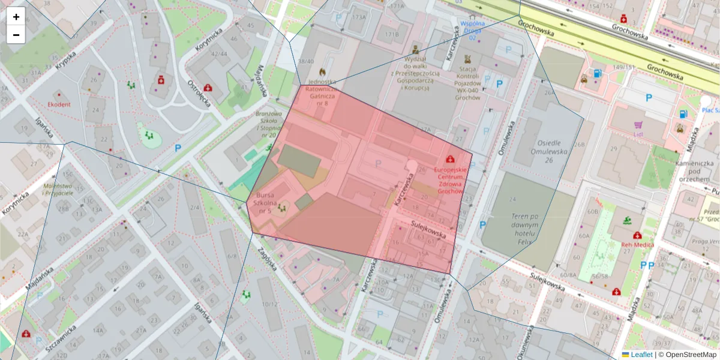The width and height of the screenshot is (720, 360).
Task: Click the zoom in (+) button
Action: [16, 17]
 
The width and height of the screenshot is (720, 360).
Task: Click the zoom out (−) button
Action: [16, 35]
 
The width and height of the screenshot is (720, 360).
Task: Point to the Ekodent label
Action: [59, 104]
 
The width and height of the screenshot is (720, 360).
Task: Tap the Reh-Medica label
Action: [637, 245]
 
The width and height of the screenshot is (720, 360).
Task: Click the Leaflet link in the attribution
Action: [641, 355]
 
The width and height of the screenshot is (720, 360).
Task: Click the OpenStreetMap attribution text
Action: [687, 355]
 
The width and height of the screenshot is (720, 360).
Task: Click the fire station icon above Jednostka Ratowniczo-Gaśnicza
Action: [323, 71]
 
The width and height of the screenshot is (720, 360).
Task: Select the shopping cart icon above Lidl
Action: [638, 125]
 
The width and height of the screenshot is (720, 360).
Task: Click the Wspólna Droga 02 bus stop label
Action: [472, 31]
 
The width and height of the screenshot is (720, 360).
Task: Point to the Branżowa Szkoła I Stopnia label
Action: [268, 124]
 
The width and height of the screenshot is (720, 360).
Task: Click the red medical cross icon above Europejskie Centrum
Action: [450, 159]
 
